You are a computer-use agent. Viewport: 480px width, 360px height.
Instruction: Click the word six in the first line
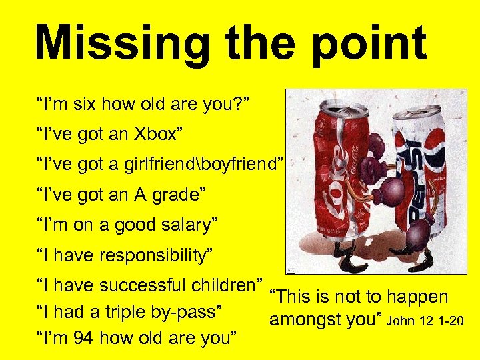[x=81, y=104]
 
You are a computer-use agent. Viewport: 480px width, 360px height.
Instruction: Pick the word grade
[x=180, y=195]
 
